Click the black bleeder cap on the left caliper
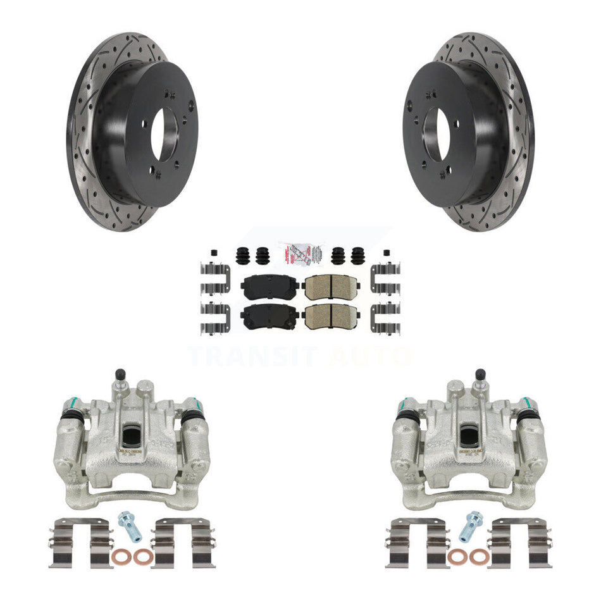[120, 375]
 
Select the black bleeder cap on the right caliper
[481, 375]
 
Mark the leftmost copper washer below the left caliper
[119, 557]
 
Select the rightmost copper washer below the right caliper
[481, 557]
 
